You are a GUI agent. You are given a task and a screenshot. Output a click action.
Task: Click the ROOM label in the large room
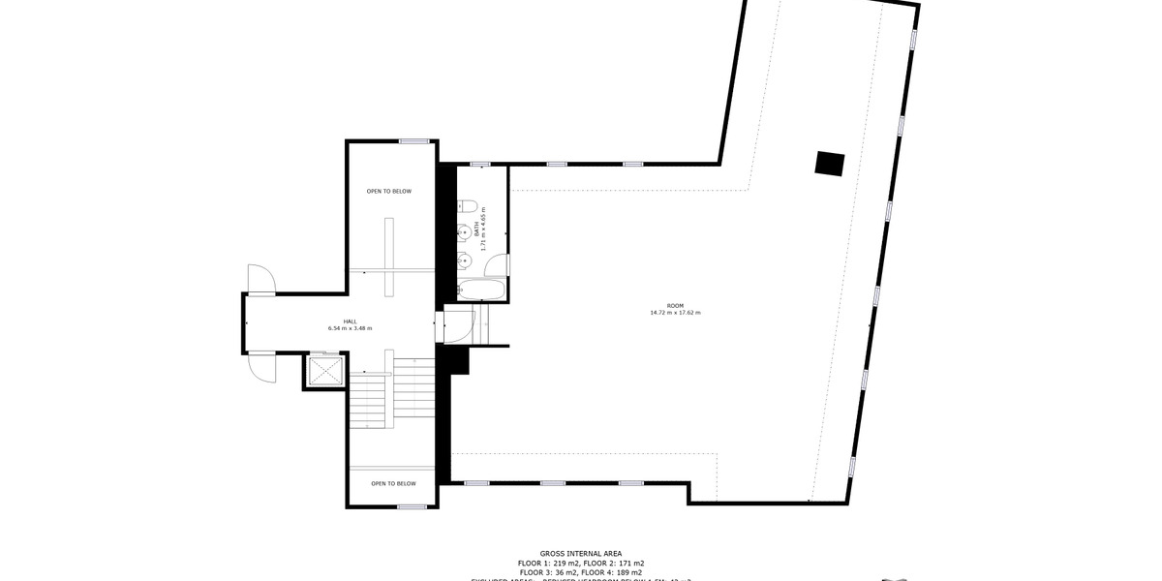pyautogui.click(x=675, y=305)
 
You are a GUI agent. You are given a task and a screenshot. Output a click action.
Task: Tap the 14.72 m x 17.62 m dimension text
pyautogui.click(x=675, y=313)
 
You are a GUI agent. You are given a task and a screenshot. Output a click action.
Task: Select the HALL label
pyautogui.click(x=350, y=321)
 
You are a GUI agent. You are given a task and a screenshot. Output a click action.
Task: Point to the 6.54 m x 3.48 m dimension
pyautogui.click(x=350, y=329)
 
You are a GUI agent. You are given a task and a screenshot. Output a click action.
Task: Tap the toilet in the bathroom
pyautogui.click(x=466, y=205)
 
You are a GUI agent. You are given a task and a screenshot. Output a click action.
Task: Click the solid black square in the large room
pyautogui.click(x=829, y=164)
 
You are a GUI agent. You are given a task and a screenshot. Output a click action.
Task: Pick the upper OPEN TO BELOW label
pyautogui.click(x=388, y=192)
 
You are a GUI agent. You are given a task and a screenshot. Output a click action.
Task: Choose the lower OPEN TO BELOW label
pyautogui.click(x=393, y=483)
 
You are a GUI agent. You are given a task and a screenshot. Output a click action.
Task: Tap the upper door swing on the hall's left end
pyautogui.click(x=262, y=279)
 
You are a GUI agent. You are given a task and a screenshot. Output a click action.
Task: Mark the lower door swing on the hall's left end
pyautogui.click(x=261, y=367)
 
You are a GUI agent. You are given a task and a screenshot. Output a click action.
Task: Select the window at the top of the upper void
pyautogui.click(x=414, y=141)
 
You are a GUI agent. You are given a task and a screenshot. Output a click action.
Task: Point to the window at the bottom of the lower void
pyautogui.click(x=412, y=506)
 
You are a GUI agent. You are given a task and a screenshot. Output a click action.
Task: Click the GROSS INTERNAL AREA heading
pyautogui.click(x=580, y=552)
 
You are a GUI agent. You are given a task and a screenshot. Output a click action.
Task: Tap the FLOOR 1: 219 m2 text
pyautogui.click(x=548, y=563)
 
